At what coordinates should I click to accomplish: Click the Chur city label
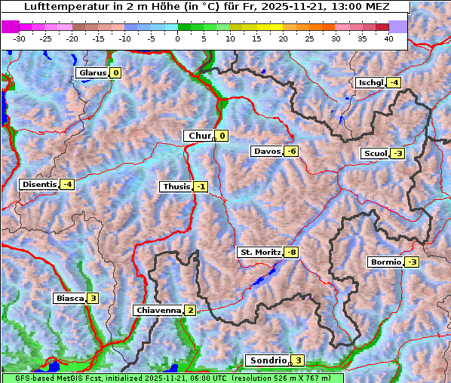pyautogui.click(x=200, y=136)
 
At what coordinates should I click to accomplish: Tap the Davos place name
pyautogui.click(x=266, y=152)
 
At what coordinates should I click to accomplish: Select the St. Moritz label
pyautogui.click(x=260, y=252)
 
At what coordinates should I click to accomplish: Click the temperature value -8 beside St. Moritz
pyautogui.click(x=291, y=252)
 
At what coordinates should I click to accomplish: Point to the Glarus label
pyautogui.click(x=91, y=73)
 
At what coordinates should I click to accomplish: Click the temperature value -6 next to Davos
pyautogui.click(x=291, y=152)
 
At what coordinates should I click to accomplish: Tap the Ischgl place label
pyautogui.click(x=370, y=82)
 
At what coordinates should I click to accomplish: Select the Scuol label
pyautogui.click(x=375, y=154)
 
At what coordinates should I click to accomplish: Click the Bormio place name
pyautogui.click(x=385, y=262)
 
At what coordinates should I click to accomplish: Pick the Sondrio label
pyautogui.click(x=267, y=361)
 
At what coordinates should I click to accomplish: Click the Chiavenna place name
pyautogui.click(x=158, y=310)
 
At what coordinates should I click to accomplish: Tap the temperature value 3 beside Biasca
pyautogui.click(x=92, y=298)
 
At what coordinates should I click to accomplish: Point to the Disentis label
pyautogui.click(x=39, y=184)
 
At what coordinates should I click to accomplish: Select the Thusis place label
pyautogui.click(x=176, y=186)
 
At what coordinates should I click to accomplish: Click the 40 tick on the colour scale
pyautogui.click(x=388, y=38)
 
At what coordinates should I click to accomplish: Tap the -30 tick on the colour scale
pyautogui.click(x=20, y=38)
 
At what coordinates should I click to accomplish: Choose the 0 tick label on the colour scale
pyautogui.click(x=177, y=38)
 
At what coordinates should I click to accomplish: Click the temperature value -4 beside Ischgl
pyautogui.click(x=394, y=82)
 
